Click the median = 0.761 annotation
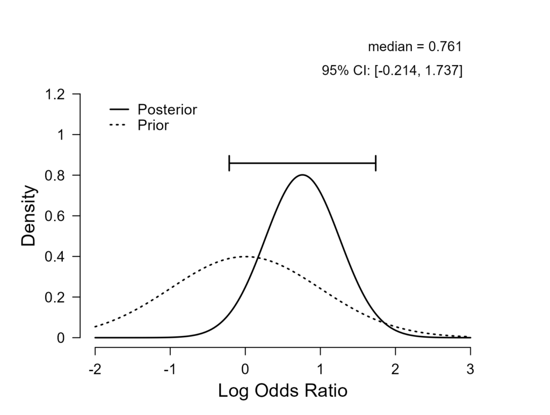pyautogui.click(x=415, y=47)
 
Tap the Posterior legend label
pyautogui.click(x=167, y=110)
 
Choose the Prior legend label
pyautogui.click(x=153, y=126)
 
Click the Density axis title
pyautogui.click(x=28, y=216)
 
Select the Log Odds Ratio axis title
pyautogui.click(x=283, y=391)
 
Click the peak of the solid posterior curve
pyautogui.click(x=302, y=175)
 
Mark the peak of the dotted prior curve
pyautogui.click(x=245, y=257)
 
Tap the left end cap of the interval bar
pyautogui.click(x=229, y=163)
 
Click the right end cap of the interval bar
pyautogui.click(x=375, y=163)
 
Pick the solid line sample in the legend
pyautogui.click(x=119, y=110)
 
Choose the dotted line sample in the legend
pyautogui.click(x=119, y=126)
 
